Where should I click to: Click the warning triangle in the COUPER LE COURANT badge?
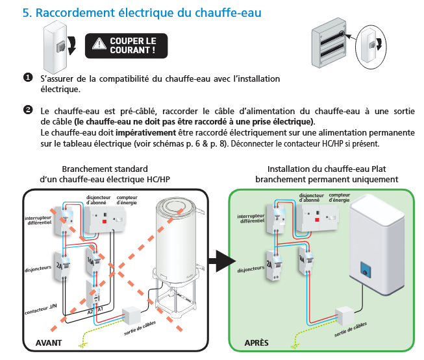(99, 44)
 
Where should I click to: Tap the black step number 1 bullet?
(28, 78)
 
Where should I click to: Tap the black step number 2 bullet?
(28, 109)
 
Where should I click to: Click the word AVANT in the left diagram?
(50, 342)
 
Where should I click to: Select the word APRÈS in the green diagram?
(256, 342)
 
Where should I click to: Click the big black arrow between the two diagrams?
(219, 263)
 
